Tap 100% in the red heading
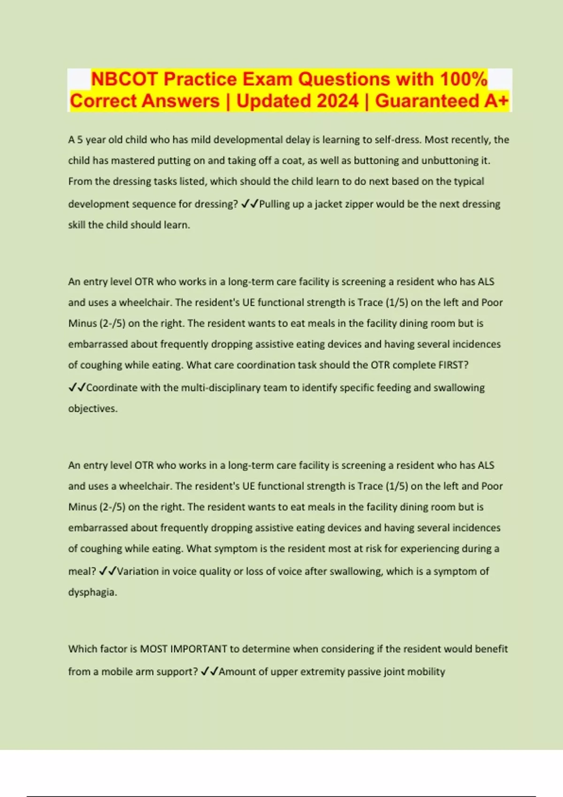coord(463,79)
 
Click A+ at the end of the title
coord(496,101)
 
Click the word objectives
coord(92,408)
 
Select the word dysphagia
coord(92,592)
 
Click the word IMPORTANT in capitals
coord(198,649)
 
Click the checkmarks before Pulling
coord(250,204)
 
